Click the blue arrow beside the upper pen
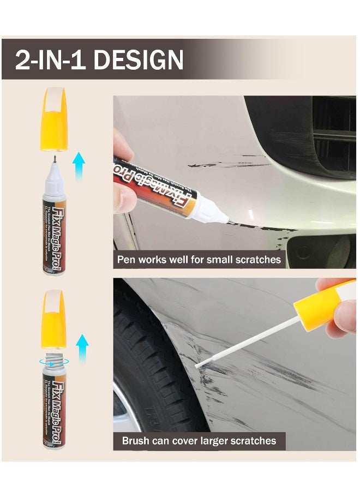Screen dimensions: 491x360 pyautogui.click(x=80, y=166)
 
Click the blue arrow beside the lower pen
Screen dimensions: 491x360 pyautogui.click(x=81, y=349)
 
